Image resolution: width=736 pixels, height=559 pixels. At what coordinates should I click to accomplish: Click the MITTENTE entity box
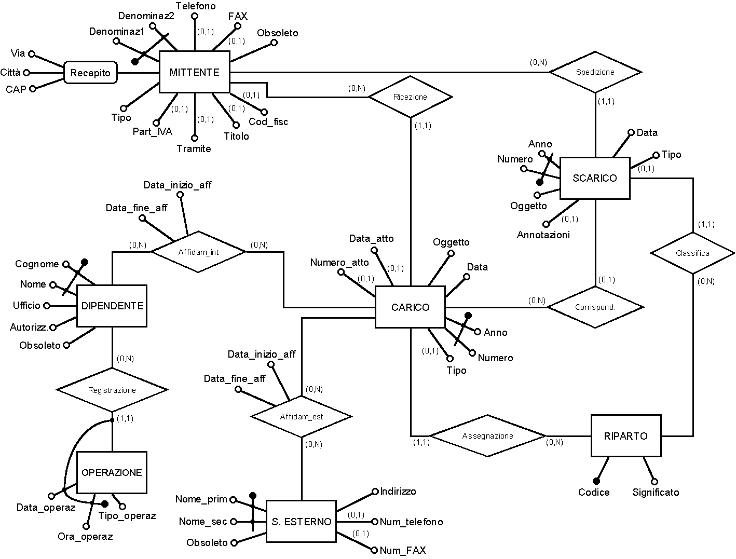tap(194, 72)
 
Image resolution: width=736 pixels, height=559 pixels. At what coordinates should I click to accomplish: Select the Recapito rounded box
tap(90, 73)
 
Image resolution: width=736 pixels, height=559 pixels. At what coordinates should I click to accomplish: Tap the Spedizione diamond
tap(595, 72)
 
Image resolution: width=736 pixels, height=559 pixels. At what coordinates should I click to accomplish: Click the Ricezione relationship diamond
tap(410, 97)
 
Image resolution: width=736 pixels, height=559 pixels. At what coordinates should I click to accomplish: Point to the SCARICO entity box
tap(595, 178)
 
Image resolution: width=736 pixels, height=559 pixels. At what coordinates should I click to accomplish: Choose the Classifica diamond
tap(693, 253)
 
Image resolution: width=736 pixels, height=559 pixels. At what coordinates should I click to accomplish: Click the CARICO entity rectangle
tap(410, 307)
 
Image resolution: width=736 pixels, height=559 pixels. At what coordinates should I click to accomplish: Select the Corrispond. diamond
tap(595, 307)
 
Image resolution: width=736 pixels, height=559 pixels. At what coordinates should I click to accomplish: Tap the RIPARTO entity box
tap(626, 436)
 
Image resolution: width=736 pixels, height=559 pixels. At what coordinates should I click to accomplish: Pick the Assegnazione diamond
tap(488, 436)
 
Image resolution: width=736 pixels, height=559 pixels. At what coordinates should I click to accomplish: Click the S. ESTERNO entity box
tap(301, 522)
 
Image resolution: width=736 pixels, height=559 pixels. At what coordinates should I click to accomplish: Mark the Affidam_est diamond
tap(302, 416)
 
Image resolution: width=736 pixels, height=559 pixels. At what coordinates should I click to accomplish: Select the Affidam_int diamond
tap(198, 252)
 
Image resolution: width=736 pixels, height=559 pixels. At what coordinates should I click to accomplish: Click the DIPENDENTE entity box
tap(112, 306)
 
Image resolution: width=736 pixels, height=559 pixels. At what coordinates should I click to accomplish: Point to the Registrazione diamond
tap(112, 390)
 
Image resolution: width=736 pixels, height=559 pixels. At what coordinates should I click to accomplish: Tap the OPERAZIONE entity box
tap(112, 472)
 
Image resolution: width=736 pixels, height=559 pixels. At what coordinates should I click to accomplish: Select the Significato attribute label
tap(656, 492)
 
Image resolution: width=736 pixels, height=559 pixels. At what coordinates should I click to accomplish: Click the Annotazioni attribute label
tap(543, 235)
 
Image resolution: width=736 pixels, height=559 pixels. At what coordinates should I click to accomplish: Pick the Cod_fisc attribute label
tap(268, 122)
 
